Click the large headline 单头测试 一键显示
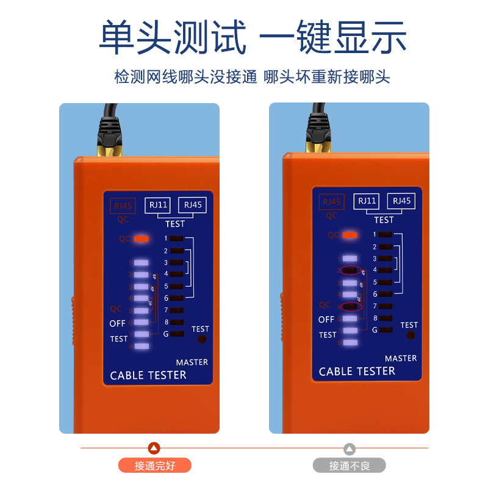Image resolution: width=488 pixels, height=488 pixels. tap(253, 37)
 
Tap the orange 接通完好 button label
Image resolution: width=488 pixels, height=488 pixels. tap(154, 466)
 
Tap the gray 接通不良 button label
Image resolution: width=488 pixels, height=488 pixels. tap(350, 466)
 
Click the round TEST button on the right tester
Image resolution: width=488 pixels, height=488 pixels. tap(411, 335)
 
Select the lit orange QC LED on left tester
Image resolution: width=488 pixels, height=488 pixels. tap(141, 239)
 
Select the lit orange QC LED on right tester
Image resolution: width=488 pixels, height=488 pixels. tap(350, 234)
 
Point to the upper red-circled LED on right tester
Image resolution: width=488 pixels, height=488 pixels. tap(350, 270)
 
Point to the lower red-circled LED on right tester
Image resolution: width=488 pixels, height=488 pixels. tap(350, 306)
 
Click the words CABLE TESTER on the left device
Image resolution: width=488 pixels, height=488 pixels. tap(148, 375)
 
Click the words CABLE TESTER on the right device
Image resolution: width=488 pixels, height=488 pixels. tap(357, 371)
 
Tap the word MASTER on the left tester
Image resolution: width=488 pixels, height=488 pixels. tap(192, 362)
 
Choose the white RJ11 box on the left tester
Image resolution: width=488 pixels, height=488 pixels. tap(159, 205)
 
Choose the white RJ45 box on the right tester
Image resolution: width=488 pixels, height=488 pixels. tap(401, 201)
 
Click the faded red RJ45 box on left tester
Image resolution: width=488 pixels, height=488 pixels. tap(122, 206)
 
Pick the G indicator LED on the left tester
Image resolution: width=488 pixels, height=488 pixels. tap(177, 334)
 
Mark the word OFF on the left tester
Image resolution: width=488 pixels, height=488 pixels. tap(117, 323)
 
